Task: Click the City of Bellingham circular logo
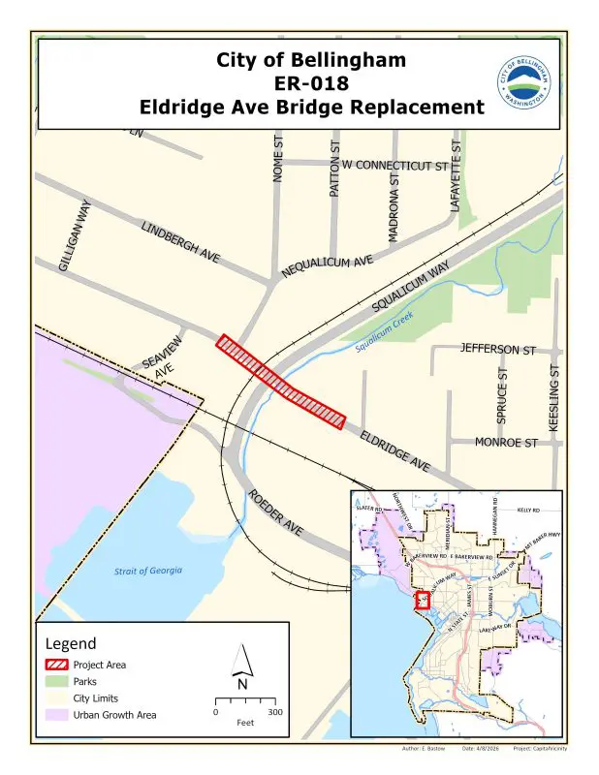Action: [x=527, y=81]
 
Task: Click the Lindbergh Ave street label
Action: [x=181, y=241]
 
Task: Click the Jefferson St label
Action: [x=498, y=348]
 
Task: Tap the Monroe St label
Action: [x=505, y=443]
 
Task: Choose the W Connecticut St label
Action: [x=395, y=166]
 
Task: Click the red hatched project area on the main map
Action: [x=281, y=383]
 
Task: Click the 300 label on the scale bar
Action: [x=274, y=712]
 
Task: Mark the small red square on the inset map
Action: [x=423, y=600]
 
